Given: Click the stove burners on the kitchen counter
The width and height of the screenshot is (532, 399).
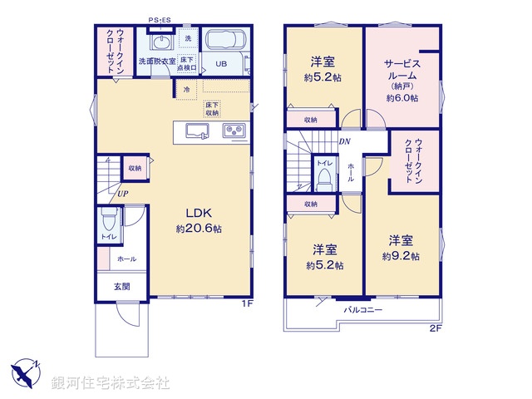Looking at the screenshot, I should tap(233, 131).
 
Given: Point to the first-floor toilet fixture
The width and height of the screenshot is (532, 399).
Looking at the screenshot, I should tap(108, 221).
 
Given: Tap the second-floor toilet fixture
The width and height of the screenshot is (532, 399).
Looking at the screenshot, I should tap(323, 178).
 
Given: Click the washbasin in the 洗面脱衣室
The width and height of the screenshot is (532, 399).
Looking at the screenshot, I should tap(160, 43).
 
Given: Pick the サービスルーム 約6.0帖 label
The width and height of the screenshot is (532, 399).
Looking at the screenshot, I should tap(402, 80).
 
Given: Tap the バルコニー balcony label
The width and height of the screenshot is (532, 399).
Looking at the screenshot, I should tap(363, 309).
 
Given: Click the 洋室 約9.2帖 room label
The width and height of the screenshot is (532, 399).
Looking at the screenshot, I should tap(401, 247).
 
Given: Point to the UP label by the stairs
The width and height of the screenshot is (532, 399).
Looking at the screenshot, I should tap(122, 195).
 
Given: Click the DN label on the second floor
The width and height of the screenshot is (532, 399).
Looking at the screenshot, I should tap(344, 141).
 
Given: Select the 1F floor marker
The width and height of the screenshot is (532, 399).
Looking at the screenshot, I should tap(246, 303).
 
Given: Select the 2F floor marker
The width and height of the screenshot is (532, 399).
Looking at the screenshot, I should tap(435, 328).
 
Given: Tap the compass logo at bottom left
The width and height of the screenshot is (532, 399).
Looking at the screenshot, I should tap(25, 372).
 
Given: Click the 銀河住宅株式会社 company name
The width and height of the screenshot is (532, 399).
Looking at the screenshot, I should tap(111, 383).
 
